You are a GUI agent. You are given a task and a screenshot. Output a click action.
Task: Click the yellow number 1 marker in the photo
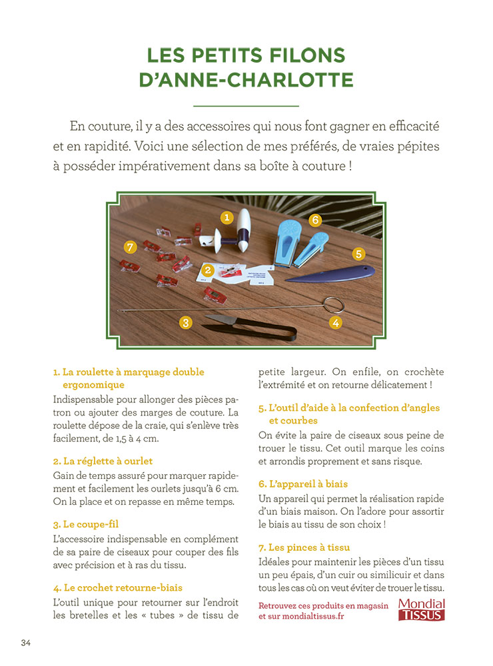[x=227, y=217]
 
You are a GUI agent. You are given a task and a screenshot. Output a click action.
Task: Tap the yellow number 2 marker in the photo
[x=208, y=270]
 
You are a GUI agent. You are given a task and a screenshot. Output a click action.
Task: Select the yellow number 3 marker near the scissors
[x=186, y=323]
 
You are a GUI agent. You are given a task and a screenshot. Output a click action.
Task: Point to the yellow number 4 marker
[x=336, y=323]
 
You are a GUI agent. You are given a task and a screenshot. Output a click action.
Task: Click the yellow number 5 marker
[x=358, y=254]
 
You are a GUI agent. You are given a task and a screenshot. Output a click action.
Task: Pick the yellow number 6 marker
[x=315, y=220]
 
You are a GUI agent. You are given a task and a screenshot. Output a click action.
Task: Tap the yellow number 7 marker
[x=131, y=247]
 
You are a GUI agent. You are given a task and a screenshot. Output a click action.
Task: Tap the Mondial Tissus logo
[x=421, y=609]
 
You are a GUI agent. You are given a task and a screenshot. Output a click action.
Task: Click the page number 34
[x=26, y=643]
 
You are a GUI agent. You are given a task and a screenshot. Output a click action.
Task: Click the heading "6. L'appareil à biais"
[x=303, y=484]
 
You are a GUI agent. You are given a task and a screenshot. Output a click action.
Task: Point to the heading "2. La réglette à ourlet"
[x=103, y=461]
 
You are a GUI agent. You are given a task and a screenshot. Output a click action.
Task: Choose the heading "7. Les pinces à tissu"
[x=304, y=547]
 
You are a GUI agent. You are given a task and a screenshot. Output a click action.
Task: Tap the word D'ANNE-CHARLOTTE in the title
[x=246, y=80]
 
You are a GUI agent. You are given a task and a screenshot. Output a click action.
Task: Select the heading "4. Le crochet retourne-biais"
[x=117, y=587]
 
